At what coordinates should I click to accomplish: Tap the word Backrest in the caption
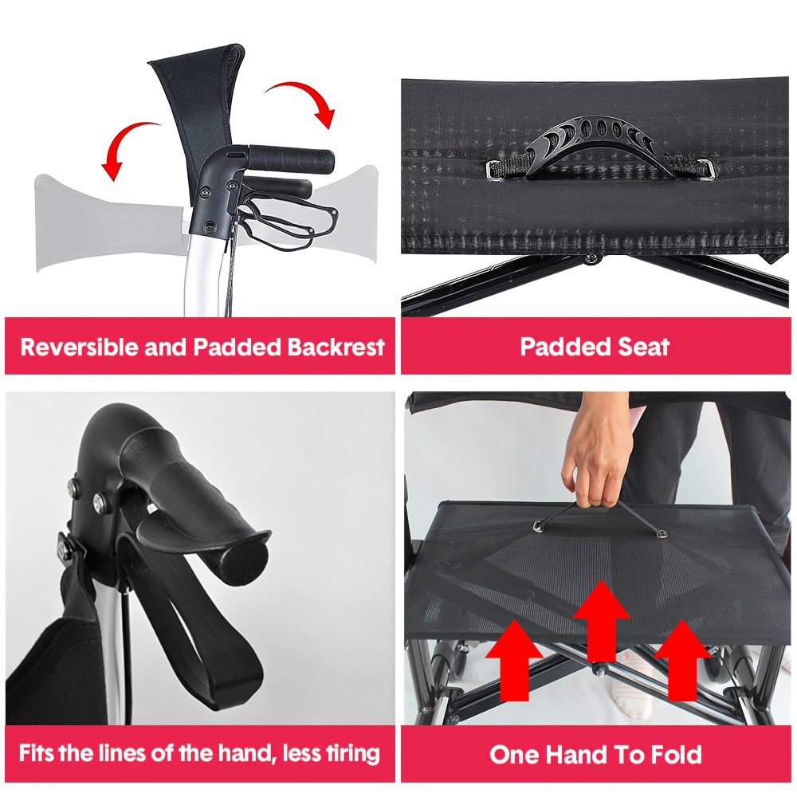coord(336,347)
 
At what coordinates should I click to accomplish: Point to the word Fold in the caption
coord(677,754)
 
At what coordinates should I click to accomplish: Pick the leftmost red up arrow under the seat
coord(514,660)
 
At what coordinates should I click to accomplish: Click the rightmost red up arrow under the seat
coord(681,660)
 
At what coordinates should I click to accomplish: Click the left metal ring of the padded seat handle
coord(494,171)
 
